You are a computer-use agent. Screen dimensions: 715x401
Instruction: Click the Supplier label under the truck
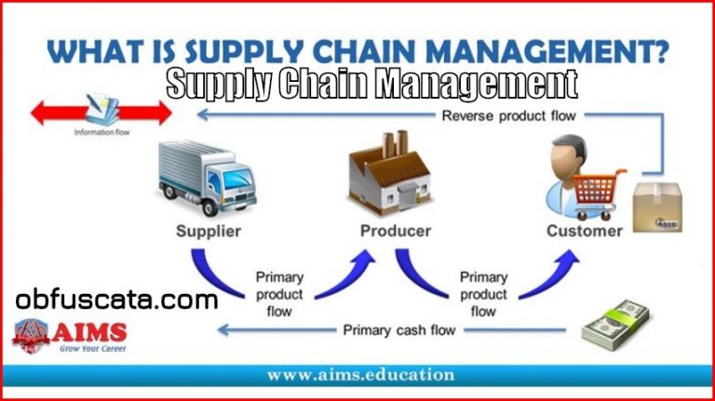[x=209, y=231]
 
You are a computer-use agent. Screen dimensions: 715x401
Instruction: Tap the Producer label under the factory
[x=396, y=231]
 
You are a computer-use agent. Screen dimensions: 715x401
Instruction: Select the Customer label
[x=585, y=231]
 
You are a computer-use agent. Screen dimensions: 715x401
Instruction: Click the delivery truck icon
[x=208, y=178]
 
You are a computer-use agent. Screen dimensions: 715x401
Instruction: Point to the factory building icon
[x=389, y=173]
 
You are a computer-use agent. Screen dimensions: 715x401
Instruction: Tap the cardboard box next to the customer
[x=657, y=207]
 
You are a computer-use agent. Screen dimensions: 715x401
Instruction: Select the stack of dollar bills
[x=615, y=325]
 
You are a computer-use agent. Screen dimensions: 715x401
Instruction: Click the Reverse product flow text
[x=509, y=115]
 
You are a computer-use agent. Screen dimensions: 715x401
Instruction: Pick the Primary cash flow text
[x=399, y=330]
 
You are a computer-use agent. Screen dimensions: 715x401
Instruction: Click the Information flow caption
[x=101, y=132]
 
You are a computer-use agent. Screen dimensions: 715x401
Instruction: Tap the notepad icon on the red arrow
[x=102, y=110]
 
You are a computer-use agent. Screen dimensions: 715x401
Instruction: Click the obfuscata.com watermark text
[x=116, y=301]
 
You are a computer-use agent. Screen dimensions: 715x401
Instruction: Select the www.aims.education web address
[x=360, y=375]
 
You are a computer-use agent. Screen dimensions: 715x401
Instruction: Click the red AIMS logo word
[x=89, y=332]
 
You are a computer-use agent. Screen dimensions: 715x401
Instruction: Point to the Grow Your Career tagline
[x=92, y=349]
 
